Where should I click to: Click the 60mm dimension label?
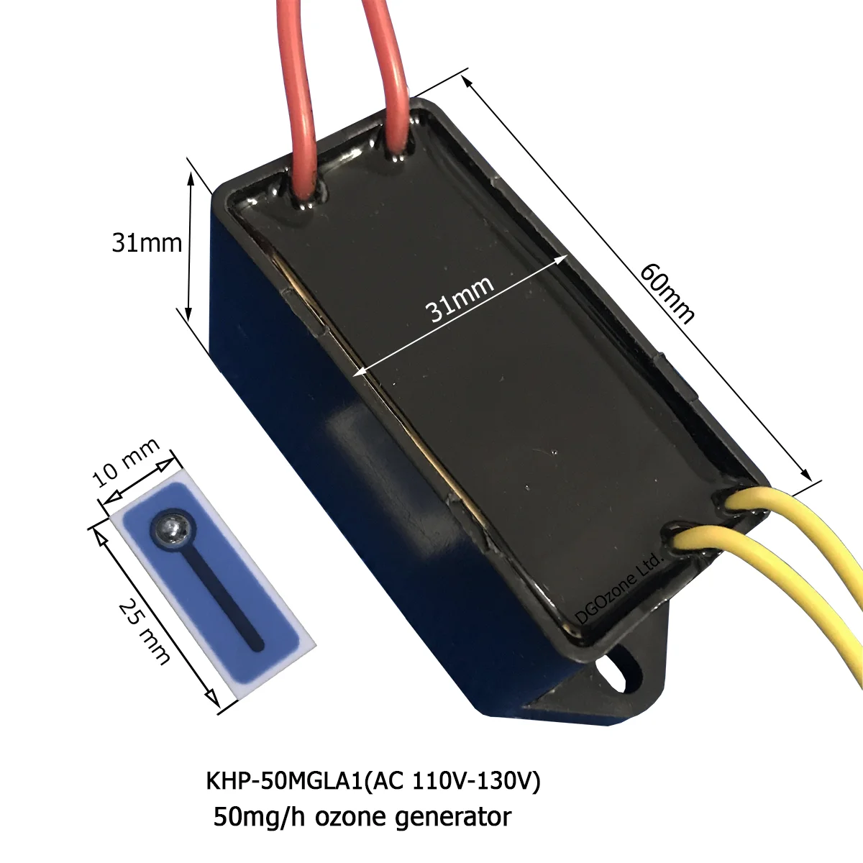tap(667, 293)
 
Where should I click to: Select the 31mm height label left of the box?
tap(146, 243)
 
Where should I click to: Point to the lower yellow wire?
tap(777, 575)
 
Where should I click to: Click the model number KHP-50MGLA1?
tap(283, 783)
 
